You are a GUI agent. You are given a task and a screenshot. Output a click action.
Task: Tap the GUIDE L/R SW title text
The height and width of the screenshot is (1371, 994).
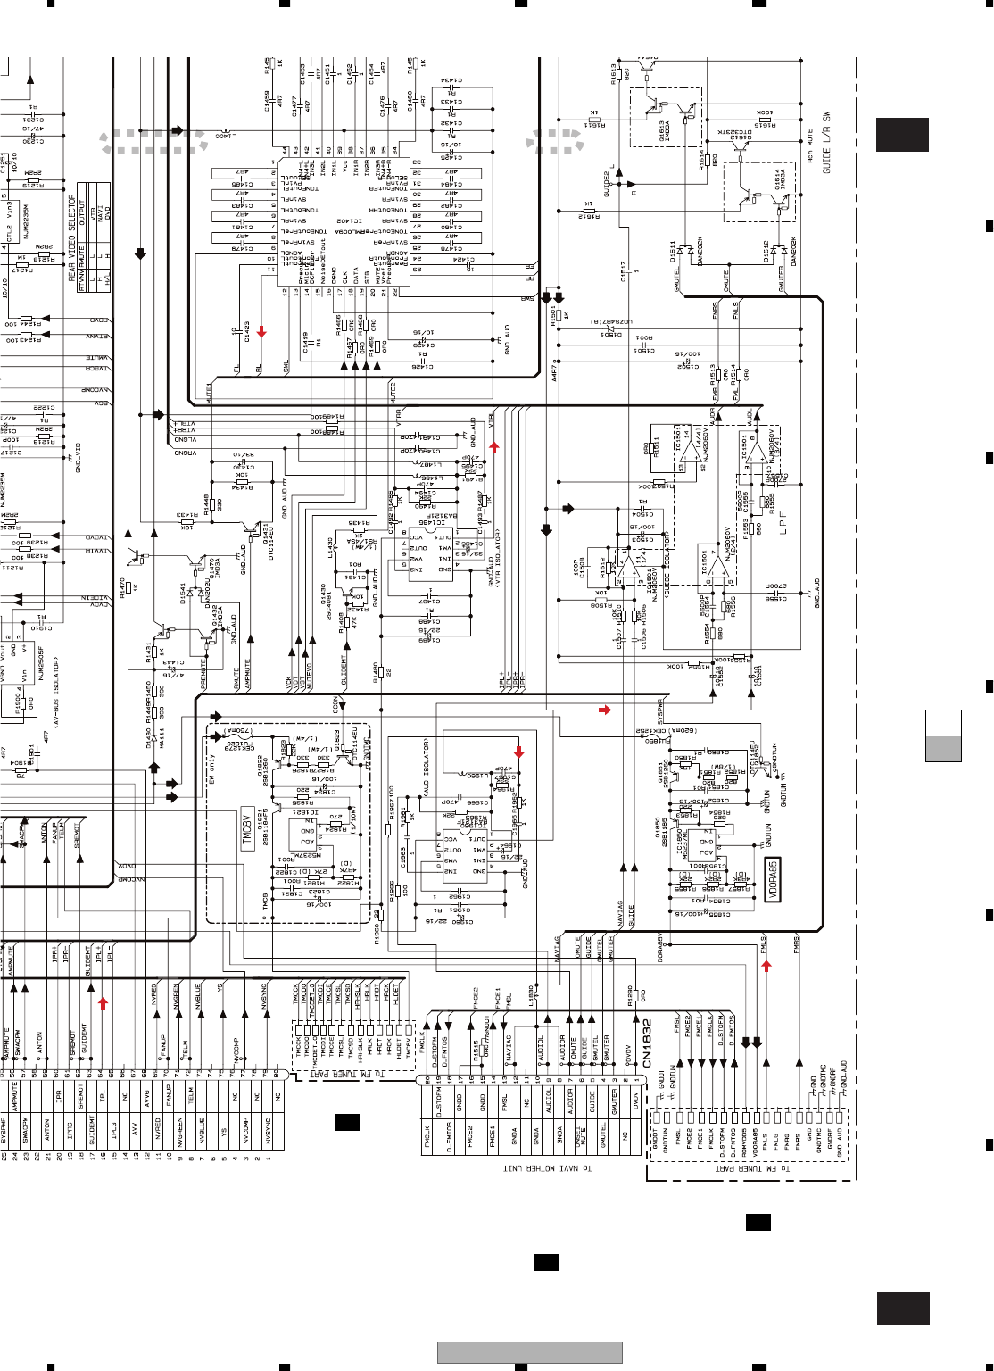point(826,143)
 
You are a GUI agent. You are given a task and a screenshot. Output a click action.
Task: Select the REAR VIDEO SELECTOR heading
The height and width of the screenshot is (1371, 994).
point(72,237)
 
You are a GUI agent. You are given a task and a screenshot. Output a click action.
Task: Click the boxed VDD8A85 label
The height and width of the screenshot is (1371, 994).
point(774,879)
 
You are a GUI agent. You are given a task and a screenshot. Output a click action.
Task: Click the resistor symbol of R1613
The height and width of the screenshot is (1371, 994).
point(626,72)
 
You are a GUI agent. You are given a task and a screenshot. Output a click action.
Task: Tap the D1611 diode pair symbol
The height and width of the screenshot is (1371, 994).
point(684,251)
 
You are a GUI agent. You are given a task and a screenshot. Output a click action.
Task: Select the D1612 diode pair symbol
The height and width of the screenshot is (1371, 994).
point(777,251)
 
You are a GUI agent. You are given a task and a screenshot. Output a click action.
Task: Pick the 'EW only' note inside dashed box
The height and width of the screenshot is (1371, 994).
point(212,769)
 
